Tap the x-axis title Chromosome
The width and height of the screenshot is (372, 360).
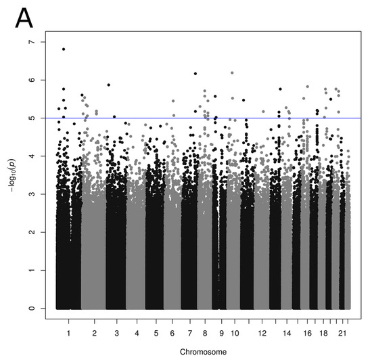[x=204, y=352]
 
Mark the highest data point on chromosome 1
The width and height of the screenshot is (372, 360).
[x=64, y=49]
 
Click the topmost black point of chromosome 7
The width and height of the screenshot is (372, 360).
[x=195, y=74]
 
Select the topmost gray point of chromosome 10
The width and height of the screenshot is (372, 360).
[x=233, y=72]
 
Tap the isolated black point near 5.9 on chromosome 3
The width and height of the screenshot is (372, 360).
[x=109, y=85]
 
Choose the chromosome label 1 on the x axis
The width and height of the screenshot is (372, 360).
[x=68, y=334]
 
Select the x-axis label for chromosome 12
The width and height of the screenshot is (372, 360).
[x=262, y=334]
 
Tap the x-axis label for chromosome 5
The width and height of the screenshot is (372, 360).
[x=156, y=334]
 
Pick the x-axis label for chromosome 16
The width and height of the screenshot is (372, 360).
[x=308, y=334]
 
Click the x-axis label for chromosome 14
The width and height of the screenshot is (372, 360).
[x=287, y=334]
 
